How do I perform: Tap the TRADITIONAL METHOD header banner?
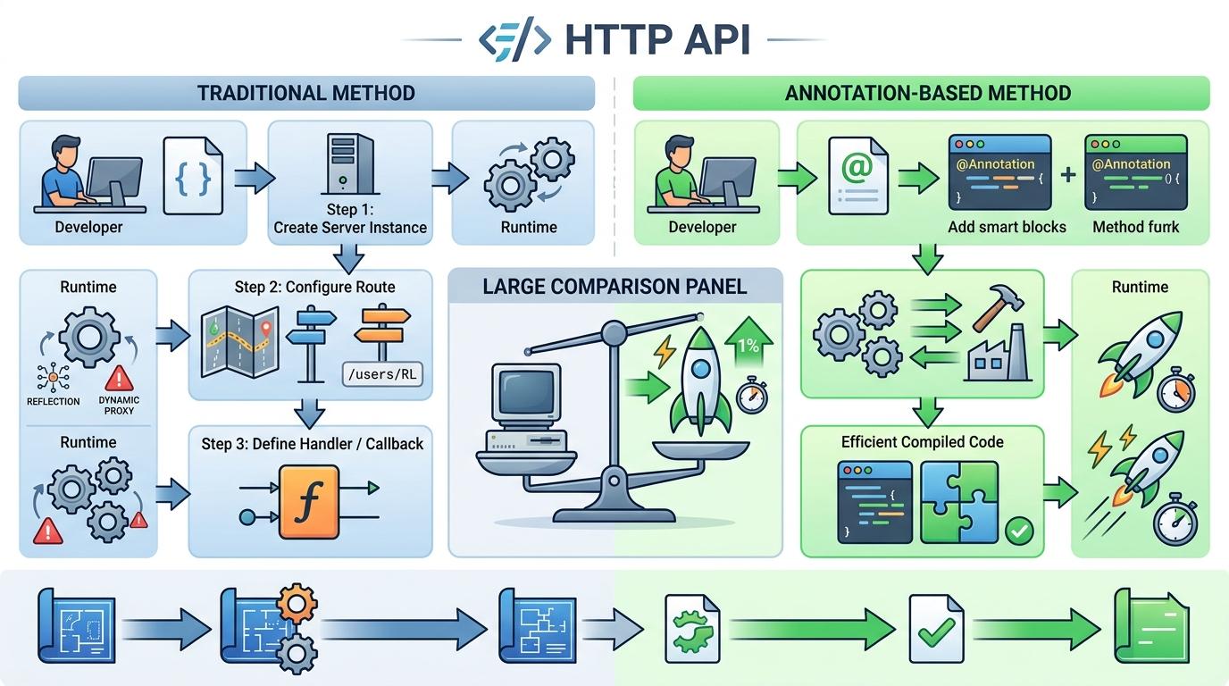click(x=306, y=93)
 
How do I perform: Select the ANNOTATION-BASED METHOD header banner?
click(x=921, y=93)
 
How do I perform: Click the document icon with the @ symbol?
click(x=857, y=176)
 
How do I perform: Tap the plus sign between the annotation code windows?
click(x=1068, y=174)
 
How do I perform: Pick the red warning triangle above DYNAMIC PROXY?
click(x=119, y=379)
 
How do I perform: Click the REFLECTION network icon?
click(x=53, y=379)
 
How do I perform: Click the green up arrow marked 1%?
click(x=747, y=348)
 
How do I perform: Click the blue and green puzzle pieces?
click(x=958, y=502)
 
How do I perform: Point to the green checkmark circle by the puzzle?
click(x=1018, y=531)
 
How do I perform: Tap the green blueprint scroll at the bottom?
click(x=1150, y=625)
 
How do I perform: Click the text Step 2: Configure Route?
click(x=314, y=288)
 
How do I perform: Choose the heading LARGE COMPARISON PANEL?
click(x=614, y=288)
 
